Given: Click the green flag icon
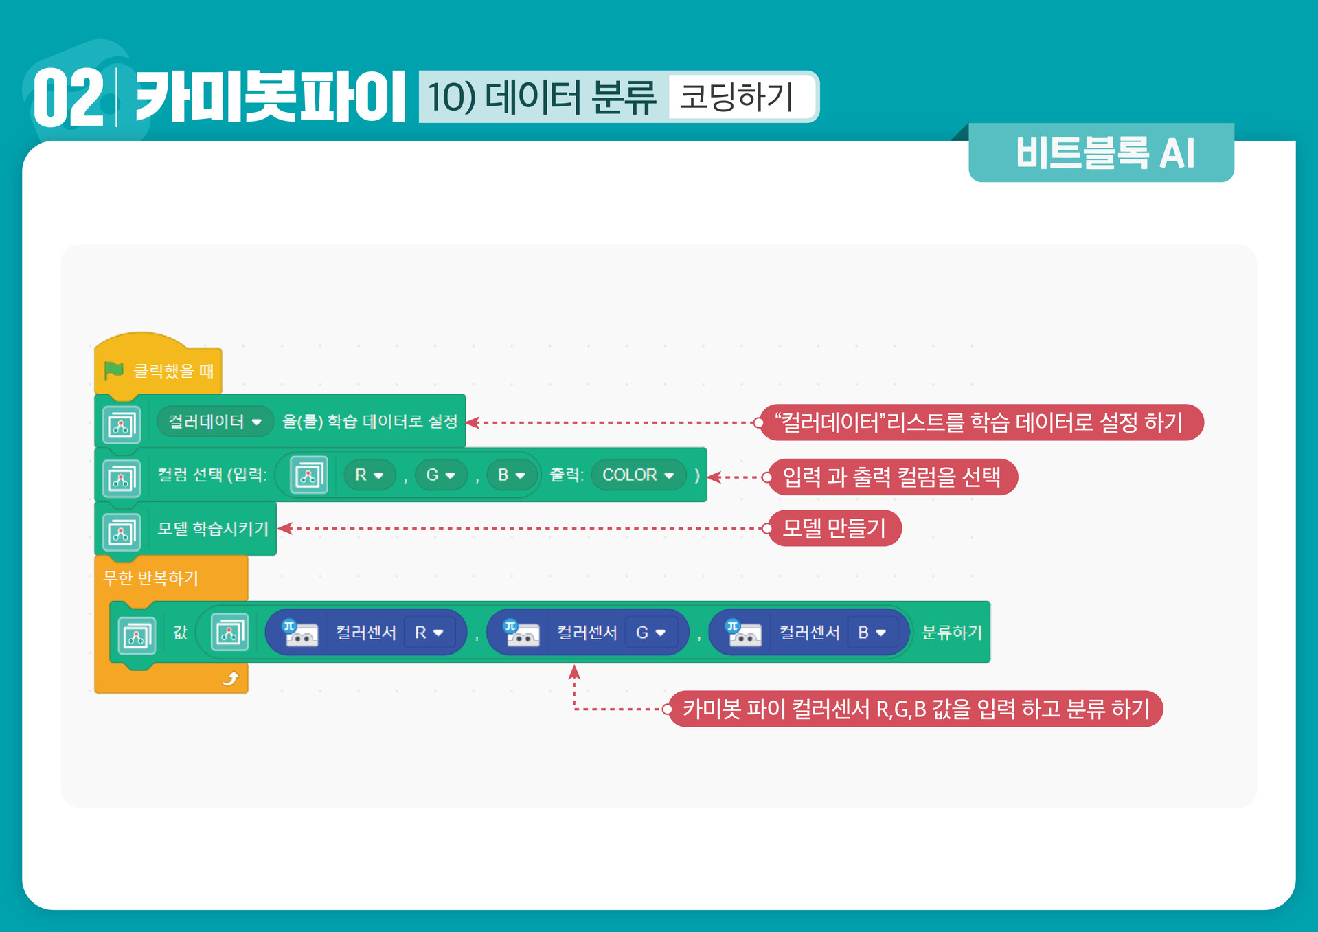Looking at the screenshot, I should (x=113, y=371).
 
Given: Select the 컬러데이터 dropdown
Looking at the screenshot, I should (x=214, y=422).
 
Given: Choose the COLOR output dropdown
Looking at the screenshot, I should (x=638, y=475).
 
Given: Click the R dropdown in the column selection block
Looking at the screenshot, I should (x=370, y=475).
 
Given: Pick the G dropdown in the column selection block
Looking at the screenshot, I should (x=441, y=475).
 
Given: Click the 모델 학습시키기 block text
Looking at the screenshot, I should (x=213, y=529).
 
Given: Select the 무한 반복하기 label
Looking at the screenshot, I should (x=150, y=578).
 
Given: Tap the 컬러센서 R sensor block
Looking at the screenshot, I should (x=365, y=633).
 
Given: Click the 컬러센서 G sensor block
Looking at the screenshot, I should (x=587, y=633).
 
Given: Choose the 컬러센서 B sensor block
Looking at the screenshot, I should (x=809, y=633).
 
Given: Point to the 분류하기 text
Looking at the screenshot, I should (x=951, y=633).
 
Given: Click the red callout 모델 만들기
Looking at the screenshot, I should (x=834, y=528).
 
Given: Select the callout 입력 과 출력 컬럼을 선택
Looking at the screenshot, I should (x=891, y=477).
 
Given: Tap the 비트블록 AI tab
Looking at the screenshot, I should (x=1104, y=152).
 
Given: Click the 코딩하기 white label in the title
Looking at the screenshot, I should (x=738, y=96).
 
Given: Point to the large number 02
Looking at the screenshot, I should (x=67, y=98).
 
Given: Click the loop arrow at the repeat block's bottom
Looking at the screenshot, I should (x=230, y=679).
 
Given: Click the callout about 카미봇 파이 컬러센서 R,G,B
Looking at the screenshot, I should (x=916, y=709).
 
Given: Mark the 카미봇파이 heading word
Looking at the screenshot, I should (x=270, y=97).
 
